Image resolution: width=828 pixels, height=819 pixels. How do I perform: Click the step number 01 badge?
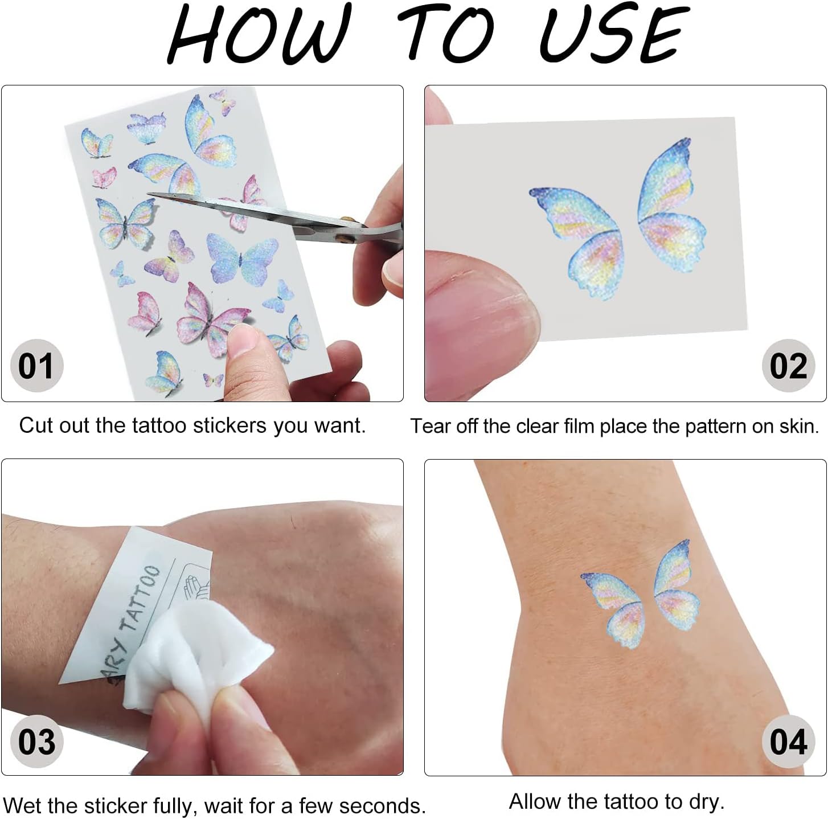click(x=36, y=365)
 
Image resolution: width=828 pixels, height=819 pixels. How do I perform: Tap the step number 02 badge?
click(x=789, y=365)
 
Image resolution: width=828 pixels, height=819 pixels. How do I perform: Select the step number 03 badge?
click(x=36, y=741)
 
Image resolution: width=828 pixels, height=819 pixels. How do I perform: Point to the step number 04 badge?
click(x=789, y=741)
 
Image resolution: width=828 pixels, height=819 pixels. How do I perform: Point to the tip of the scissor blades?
click(x=148, y=195)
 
